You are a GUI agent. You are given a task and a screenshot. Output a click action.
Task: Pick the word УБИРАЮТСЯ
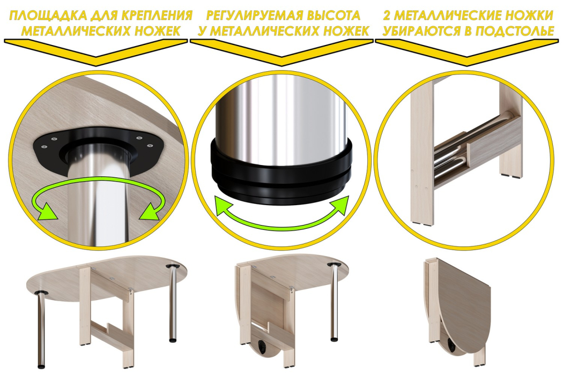(x=420, y=31)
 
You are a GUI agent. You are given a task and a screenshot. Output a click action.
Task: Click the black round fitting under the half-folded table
(x=264, y=347)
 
